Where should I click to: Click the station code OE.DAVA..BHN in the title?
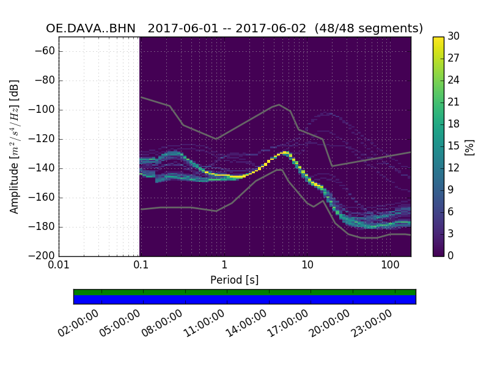[x=90, y=29]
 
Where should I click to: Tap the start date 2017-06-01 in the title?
[x=182, y=29]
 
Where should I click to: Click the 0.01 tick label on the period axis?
[x=59, y=265]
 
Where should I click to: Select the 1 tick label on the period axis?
[x=224, y=265]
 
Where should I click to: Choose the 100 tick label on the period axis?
[x=390, y=265]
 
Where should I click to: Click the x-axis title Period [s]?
[x=235, y=280]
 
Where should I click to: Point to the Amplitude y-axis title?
[x=14, y=146]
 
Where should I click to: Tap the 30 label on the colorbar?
[x=454, y=37]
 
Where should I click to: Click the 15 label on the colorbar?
[x=454, y=146]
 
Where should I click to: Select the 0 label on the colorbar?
[x=451, y=256]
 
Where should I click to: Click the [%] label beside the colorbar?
[x=469, y=146]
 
